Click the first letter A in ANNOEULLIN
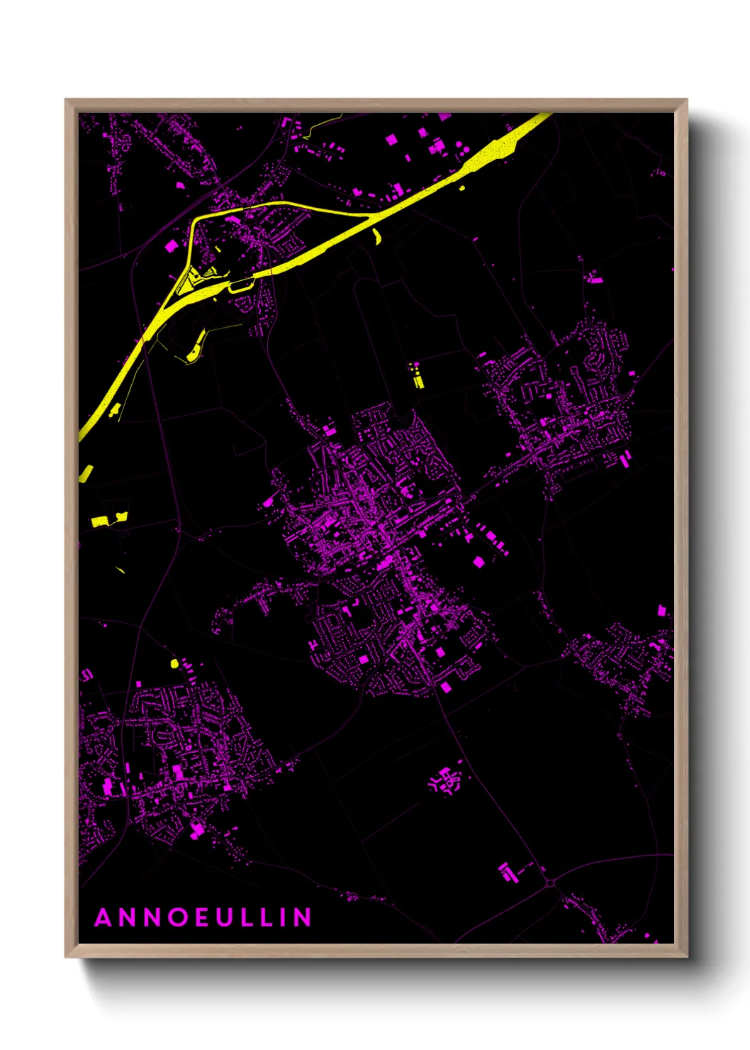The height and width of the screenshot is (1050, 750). click(103, 917)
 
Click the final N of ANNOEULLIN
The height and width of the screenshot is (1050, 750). click(303, 917)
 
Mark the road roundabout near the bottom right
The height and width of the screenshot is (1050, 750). click(551, 883)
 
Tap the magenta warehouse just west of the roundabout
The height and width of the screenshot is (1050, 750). click(507, 872)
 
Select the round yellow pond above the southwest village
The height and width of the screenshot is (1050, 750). click(174, 663)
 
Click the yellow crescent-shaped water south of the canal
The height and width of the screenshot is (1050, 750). click(376, 236)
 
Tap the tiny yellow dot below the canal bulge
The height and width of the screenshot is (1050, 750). click(462, 188)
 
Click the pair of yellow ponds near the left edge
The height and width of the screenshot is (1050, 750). click(108, 519)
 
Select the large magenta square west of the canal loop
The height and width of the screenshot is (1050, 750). click(171, 246)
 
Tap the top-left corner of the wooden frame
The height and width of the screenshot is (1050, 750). click(66, 100)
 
